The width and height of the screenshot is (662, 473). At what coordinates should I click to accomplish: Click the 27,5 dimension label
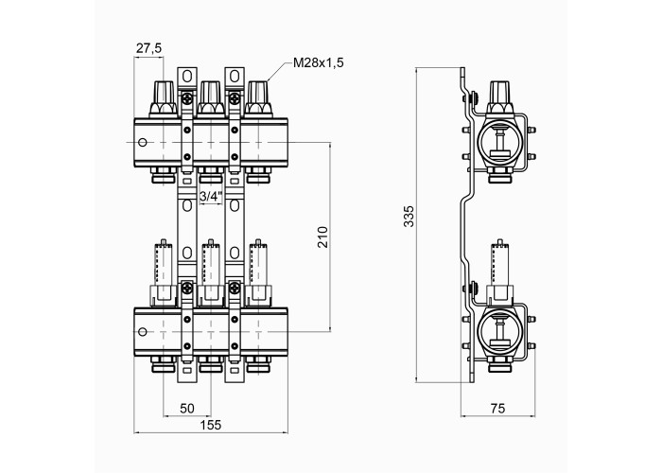148,48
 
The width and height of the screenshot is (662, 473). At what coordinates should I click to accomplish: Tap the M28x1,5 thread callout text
319,63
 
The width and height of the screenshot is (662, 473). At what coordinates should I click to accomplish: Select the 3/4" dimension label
211,197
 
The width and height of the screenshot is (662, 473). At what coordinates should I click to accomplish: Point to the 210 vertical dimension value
322,236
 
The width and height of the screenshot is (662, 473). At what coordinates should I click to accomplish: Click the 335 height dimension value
409,217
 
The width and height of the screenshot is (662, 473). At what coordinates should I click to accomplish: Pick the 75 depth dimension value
497,409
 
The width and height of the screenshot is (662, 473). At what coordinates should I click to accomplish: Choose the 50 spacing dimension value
187,409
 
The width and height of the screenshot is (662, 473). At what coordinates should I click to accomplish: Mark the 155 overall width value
211,425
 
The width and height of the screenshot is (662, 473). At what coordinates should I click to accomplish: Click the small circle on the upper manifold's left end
143,142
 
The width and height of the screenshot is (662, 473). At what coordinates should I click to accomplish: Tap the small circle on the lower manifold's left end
143,332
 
